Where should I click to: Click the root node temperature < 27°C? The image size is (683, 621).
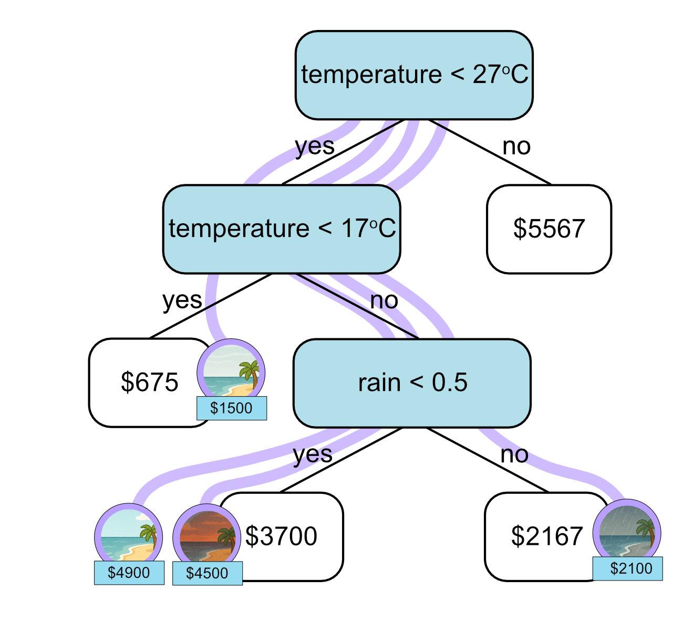point(414,75)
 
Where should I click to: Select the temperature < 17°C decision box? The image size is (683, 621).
point(282,229)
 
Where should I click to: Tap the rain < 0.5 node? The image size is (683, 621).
point(412,383)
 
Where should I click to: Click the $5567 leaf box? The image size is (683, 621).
point(549,229)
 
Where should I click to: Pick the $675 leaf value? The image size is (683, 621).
point(149,382)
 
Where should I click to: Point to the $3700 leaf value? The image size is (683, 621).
point(282,536)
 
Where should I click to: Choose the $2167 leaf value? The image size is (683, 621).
point(546,536)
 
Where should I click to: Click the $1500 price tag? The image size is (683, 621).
point(232,408)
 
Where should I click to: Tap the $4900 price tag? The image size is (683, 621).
point(129,573)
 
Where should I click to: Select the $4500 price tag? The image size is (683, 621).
point(208,573)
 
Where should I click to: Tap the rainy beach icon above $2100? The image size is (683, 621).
point(627,532)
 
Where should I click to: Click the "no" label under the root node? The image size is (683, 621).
point(516,147)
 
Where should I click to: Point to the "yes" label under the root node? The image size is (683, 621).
point(315,147)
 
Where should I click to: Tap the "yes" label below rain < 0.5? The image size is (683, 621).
point(313,454)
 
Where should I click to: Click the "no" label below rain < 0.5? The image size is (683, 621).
point(514,454)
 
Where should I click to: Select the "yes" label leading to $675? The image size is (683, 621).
point(182,301)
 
